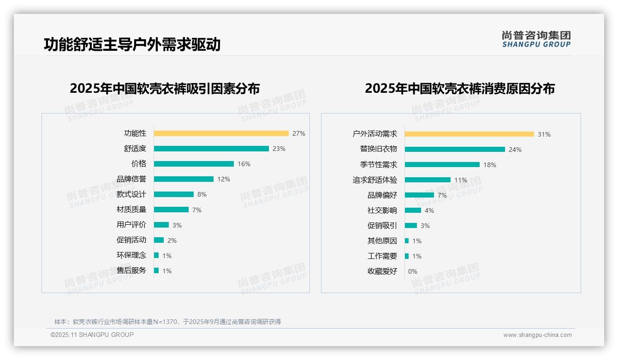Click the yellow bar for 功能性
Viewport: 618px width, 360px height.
click(x=221, y=133)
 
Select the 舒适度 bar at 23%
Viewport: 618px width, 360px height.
click(x=211, y=149)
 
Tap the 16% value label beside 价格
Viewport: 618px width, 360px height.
click(x=244, y=164)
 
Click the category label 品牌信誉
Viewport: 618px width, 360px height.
click(x=131, y=179)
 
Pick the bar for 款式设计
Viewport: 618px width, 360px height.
click(x=174, y=194)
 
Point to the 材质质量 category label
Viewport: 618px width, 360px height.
click(x=131, y=210)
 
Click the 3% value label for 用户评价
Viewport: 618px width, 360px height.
click(x=177, y=225)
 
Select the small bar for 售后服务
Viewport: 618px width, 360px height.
click(x=156, y=270)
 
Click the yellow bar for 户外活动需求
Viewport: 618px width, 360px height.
click(x=469, y=134)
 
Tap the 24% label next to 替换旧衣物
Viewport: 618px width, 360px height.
click(x=515, y=150)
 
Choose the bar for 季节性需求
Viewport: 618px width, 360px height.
click(x=442, y=165)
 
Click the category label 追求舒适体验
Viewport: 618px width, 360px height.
click(x=375, y=180)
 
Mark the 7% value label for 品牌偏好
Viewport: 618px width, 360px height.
click(x=442, y=195)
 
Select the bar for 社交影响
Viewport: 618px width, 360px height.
click(x=413, y=210)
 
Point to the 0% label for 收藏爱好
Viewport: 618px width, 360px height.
click(x=413, y=271)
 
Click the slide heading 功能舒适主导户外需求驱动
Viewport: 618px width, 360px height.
click(x=132, y=44)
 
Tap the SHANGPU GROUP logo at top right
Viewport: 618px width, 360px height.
click(x=536, y=39)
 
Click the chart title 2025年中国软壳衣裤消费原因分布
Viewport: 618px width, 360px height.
click(x=460, y=89)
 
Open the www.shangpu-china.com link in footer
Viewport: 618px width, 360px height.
click(x=537, y=335)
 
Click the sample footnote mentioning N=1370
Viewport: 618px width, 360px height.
click(x=167, y=322)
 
